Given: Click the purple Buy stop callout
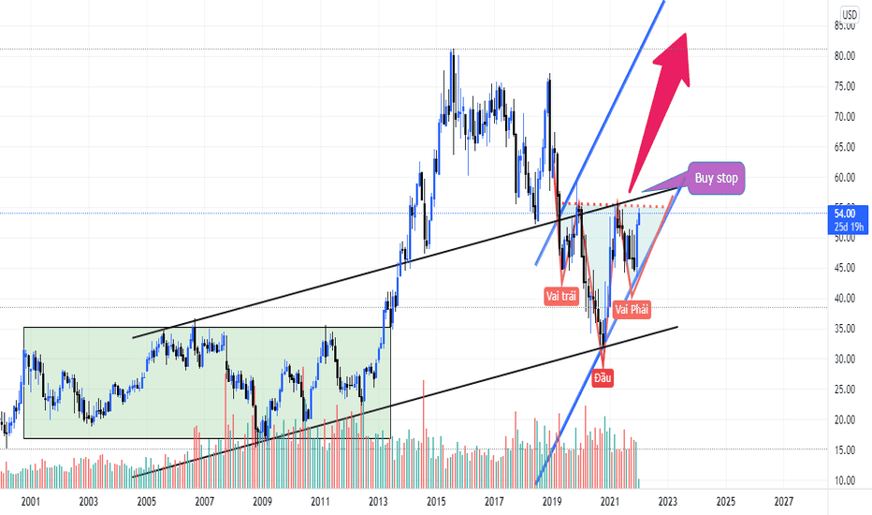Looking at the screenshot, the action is click(x=716, y=178).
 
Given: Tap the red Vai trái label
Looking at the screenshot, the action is click(x=561, y=296).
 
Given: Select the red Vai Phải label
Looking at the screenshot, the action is click(x=632, y=309).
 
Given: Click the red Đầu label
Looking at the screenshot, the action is click(x=603, y=378).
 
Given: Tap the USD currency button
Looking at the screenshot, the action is click(x=850, y=14).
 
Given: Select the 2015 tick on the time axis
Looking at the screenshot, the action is click(x=436, y=502).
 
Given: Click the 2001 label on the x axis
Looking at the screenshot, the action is click(x=30, y=502).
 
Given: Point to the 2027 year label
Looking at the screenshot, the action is click(x=783, y=502).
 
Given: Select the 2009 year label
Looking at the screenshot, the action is click(x=262, y=502).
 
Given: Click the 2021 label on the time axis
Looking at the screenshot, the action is click(x=609, y=502).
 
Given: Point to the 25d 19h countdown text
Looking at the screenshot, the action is click(x=850, y=227).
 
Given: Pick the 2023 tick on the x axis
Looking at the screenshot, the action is click(x=667, y=502).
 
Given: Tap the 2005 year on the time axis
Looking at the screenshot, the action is click(x=146, y=502).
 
